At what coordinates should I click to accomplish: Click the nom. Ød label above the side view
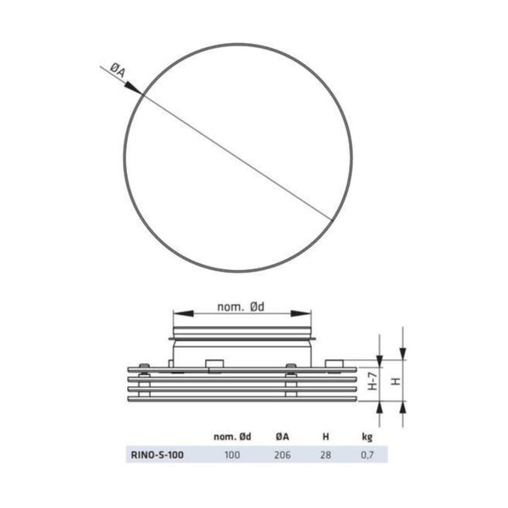click(x=244, y=308)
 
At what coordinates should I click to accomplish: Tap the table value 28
click(x=326, y=455)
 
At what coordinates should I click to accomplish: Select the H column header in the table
click(x=327, y=437)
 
